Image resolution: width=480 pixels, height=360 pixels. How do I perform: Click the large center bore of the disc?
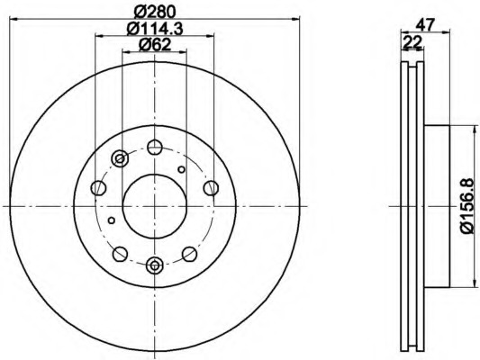tap(155, 205)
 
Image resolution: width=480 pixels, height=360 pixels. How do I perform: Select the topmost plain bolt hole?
tap(155, 147)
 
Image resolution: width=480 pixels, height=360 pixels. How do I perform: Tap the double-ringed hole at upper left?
tap(120, 159)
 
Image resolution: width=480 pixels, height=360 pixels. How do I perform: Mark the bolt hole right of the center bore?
tap(211, 187)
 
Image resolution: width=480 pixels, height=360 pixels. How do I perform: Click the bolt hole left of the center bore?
tap(99, 187)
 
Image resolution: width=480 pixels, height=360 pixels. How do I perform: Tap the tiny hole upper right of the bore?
tap(182, 168)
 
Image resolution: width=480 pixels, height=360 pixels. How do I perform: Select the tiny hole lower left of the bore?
tap(112, 219)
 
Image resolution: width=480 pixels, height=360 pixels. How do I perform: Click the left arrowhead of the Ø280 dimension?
tap(13, 21)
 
